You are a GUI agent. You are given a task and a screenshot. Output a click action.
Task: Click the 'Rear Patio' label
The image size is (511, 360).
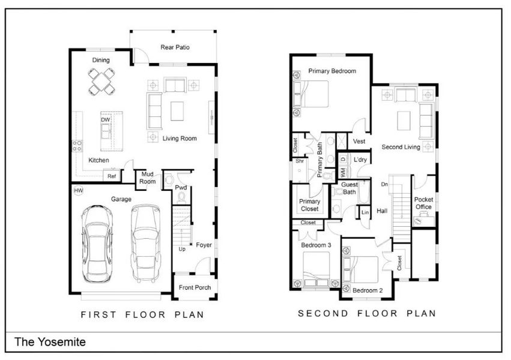click(x=175, y=47)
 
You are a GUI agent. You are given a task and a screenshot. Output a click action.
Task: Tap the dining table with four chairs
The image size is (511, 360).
click(x=101, y=82)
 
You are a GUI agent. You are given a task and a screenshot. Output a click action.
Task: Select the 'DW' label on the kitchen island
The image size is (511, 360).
click(x=106, y=120)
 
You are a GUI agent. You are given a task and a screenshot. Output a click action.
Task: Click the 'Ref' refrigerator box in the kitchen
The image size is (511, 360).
click(x=112, y=176)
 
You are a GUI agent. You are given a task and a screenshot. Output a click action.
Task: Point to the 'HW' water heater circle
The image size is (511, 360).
click(x=78, y=191)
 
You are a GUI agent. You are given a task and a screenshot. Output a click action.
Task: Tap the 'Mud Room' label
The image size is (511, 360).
click(x=148, y=178)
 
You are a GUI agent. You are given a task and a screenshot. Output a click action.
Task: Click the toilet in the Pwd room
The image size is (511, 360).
click(x=169, y=178)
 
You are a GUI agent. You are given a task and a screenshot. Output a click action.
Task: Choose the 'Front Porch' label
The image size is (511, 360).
click(x=195, y=287)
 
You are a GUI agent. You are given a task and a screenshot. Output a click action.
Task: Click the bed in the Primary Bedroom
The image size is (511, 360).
click(x=312, y=94)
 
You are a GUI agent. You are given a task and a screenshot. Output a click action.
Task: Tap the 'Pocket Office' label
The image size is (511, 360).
click(x=423, y=203)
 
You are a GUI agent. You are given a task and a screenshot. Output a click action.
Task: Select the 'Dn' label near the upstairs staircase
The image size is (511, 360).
click(x=384, y=184)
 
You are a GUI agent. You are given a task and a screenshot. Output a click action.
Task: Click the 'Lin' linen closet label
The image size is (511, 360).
click(x=364, y=212)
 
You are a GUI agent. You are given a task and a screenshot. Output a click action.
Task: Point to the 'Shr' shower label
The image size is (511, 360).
click(x=298, y=161)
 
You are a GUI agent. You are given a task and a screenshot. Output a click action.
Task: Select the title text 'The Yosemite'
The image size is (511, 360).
click(x=50, y=342)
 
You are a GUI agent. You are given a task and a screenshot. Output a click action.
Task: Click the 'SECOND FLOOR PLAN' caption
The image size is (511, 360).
click(x=367, y=313)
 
